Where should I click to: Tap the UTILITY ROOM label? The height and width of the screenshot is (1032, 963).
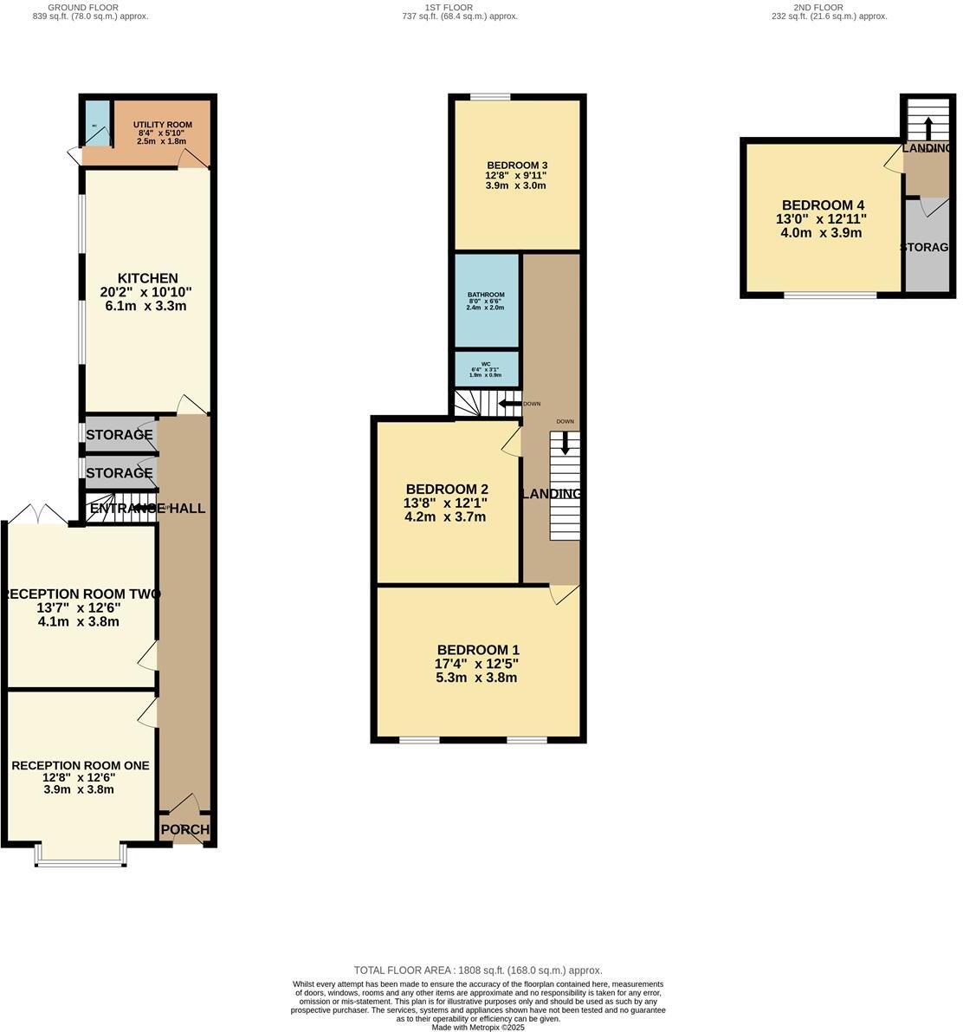162,125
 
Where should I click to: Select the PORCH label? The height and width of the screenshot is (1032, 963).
184,829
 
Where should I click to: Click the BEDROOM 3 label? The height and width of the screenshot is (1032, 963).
516,166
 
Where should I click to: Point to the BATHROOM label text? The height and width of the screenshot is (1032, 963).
485,295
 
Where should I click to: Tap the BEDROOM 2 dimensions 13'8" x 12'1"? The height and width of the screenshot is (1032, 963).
445,503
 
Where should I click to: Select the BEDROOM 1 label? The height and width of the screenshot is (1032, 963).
478,650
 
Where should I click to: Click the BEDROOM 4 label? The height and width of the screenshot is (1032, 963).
818,205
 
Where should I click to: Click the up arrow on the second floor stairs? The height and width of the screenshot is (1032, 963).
928,128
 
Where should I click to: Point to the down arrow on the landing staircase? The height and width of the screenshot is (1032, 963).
565,444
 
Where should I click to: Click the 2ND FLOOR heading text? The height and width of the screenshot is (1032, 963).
818,7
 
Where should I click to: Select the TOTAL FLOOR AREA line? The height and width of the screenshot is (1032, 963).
477,970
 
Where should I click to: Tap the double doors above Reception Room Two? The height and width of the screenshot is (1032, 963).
40,515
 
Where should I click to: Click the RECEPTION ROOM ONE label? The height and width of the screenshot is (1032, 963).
80,765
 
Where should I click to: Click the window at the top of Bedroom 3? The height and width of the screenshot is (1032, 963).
489,97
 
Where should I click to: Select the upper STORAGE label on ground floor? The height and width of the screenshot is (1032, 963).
119,435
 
